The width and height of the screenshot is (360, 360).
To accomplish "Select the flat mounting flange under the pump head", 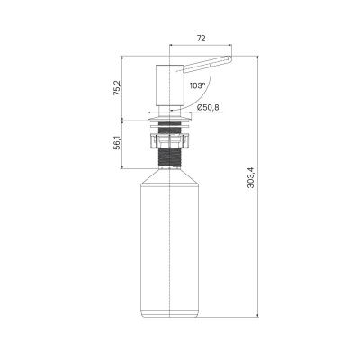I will click(170, 116).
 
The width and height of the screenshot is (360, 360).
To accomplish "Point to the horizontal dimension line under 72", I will click(201, 48).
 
